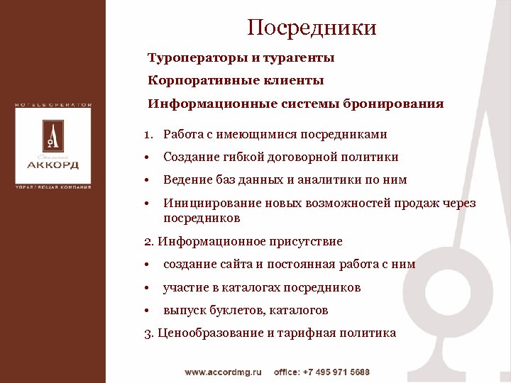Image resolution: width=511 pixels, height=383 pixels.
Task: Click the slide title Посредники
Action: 312,28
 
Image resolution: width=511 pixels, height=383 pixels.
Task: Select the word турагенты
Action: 299,57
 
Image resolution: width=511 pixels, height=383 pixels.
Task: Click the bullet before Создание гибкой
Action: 145,157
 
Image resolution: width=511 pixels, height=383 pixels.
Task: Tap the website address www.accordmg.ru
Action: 224,372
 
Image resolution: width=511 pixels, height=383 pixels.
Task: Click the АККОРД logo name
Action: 53,165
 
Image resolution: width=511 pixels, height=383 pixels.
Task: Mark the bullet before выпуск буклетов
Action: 145,311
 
